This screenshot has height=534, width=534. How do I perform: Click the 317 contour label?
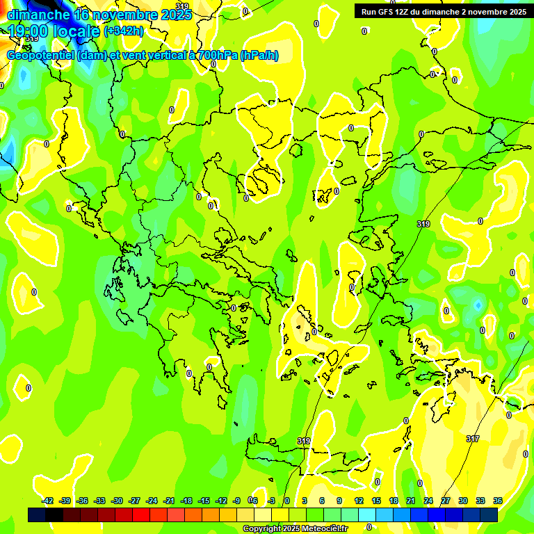tap(473, 439)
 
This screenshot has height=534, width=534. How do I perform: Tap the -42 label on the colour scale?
tap(48, 501)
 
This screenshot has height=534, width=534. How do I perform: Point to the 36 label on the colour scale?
tap(498, 501)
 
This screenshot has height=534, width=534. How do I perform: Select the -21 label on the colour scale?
tap(169, 501)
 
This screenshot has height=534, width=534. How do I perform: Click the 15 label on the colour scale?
tap(376, 501)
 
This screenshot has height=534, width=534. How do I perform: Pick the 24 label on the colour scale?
tap(428, 501)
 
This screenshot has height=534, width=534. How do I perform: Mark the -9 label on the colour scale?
tap(236, 501)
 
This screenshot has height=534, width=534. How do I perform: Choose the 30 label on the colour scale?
tap(463, 501)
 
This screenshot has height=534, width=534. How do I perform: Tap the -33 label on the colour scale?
tap(100, 501)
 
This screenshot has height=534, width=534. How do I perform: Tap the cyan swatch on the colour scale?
tap(367, 515)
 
